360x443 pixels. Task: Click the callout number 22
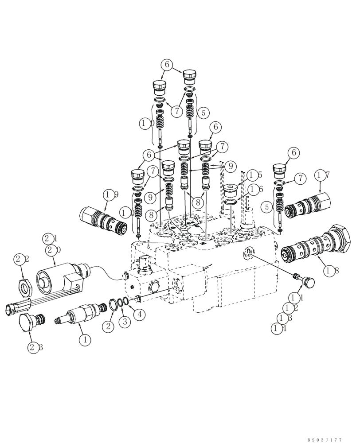22,259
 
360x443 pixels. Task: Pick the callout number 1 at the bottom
84,340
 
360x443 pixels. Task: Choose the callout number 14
278,328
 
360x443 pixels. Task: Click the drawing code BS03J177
325,439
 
